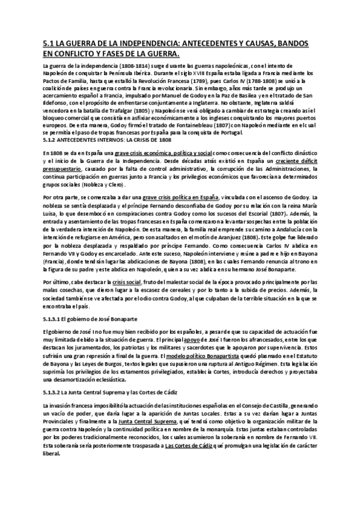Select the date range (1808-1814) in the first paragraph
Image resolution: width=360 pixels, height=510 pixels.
(119, 66)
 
